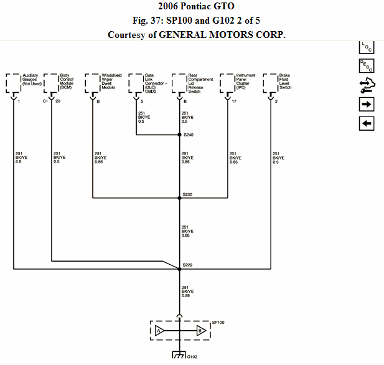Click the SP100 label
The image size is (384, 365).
pos(218,321)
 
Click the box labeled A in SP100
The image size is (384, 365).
pos(159,331)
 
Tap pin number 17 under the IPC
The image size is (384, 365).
pos(234,101)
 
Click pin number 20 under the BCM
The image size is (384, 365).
pos(58,101)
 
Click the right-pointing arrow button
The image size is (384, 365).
pos(367,104)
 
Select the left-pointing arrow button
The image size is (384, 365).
pos(367,124)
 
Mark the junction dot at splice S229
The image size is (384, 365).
pos(180,268)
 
